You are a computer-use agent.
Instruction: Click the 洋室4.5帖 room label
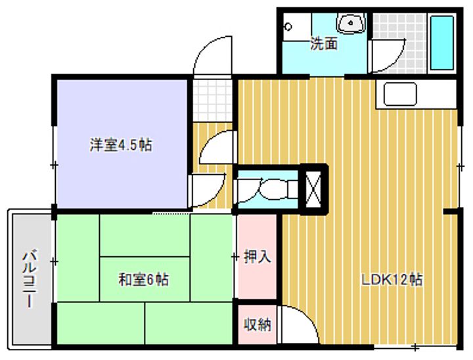(x=121, y=145)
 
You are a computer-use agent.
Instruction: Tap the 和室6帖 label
(x=144, y=279)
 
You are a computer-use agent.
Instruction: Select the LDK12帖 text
(x=392, y=280)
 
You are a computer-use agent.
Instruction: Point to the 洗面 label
(x=324, y=44)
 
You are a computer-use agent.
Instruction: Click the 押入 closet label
(x=258, y=257)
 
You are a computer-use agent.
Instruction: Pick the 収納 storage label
(x=258, y=325)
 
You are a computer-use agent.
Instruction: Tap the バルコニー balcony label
(x=30, y=279)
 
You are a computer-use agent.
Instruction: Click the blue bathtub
(x=442, y=43)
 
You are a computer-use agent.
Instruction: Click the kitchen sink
(x=400, y=94)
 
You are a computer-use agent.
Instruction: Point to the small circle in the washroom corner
(x=288, y=27)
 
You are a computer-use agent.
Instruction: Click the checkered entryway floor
(x=213, y=101)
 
